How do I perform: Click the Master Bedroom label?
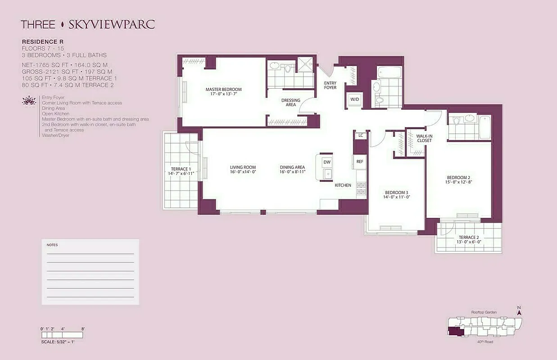coord(223,89)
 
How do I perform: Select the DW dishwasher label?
coord(327,162)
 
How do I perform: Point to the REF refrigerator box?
coord(359,162)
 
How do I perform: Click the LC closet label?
coord(361,135)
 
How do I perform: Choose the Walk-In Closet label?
coord(424,138)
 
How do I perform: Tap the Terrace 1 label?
coord(180,169)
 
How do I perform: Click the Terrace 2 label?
coord(469,237)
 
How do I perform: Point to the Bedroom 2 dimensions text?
coord(458,182)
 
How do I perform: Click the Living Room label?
coord(243,167)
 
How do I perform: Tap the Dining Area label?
coord(292,167)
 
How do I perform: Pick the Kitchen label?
coord(343,185)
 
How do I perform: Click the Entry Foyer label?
coord(330,85)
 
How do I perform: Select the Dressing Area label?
coord(291,103)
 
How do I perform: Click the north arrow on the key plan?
coord(519,311)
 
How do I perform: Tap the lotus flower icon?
coord(29,100)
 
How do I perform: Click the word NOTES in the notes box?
coord(52,245)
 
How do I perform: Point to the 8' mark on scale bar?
coord(83,329)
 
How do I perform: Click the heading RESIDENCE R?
coord(42,41)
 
